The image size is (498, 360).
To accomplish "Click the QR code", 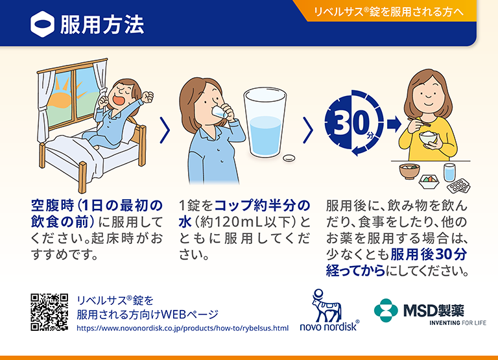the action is click(49, 312).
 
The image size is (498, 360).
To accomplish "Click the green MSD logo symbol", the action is click(386, 311).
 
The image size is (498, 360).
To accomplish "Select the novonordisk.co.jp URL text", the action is click(183, 328).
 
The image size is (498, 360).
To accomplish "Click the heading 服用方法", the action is click(102, 25).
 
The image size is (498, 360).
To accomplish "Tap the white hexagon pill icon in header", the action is click(43, 25).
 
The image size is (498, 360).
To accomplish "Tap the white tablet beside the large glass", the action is click(289, 158).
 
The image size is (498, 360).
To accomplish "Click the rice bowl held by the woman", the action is click(429, 138).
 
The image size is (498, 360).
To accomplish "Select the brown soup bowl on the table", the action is click(409, 171).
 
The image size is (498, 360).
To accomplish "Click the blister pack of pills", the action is click(458, 186).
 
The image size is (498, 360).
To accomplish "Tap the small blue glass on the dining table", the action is click(449, 173).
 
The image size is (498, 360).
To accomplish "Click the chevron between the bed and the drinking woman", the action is click(165, 130).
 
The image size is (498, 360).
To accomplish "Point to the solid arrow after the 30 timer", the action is click(394, 123).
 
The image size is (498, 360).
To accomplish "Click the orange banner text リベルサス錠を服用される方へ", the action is click(389, 12).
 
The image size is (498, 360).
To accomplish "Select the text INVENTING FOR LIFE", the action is click(458, 323).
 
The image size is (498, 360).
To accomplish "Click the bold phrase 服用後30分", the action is click(429, 254).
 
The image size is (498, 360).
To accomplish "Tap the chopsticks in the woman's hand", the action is click(419, 121).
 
